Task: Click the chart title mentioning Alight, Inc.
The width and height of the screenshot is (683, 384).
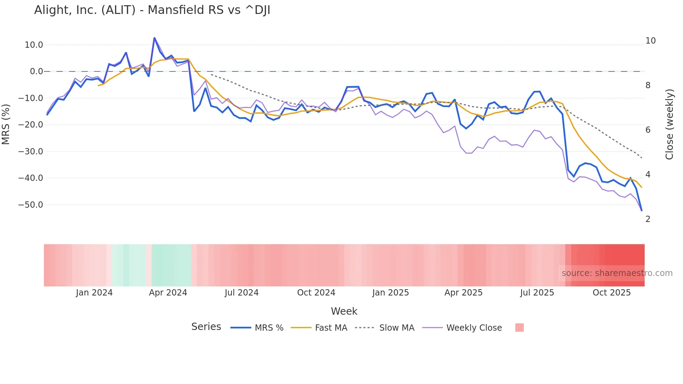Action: (152, 10)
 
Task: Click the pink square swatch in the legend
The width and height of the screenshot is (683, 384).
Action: (519, 328)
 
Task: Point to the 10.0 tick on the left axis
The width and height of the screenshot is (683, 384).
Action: (34, 45)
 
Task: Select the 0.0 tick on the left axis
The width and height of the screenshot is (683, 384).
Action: (36, 71)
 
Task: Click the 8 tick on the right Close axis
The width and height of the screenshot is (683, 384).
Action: (648, 85)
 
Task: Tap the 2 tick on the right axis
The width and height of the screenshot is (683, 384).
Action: (648, 219)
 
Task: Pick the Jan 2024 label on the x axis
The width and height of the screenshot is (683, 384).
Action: (94, 293)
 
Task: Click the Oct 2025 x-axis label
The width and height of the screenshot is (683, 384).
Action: (612, 293)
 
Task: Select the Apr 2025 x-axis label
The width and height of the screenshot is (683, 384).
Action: (463, 293)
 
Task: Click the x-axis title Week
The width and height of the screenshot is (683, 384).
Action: (344, 311)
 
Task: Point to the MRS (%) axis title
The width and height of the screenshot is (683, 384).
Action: (6, 124)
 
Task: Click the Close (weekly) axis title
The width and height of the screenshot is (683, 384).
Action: (669, 124)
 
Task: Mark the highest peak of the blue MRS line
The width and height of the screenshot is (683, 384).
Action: (154, 38)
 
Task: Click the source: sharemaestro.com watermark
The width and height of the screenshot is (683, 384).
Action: (617, 273)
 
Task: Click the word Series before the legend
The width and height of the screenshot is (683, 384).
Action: (206, 327)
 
